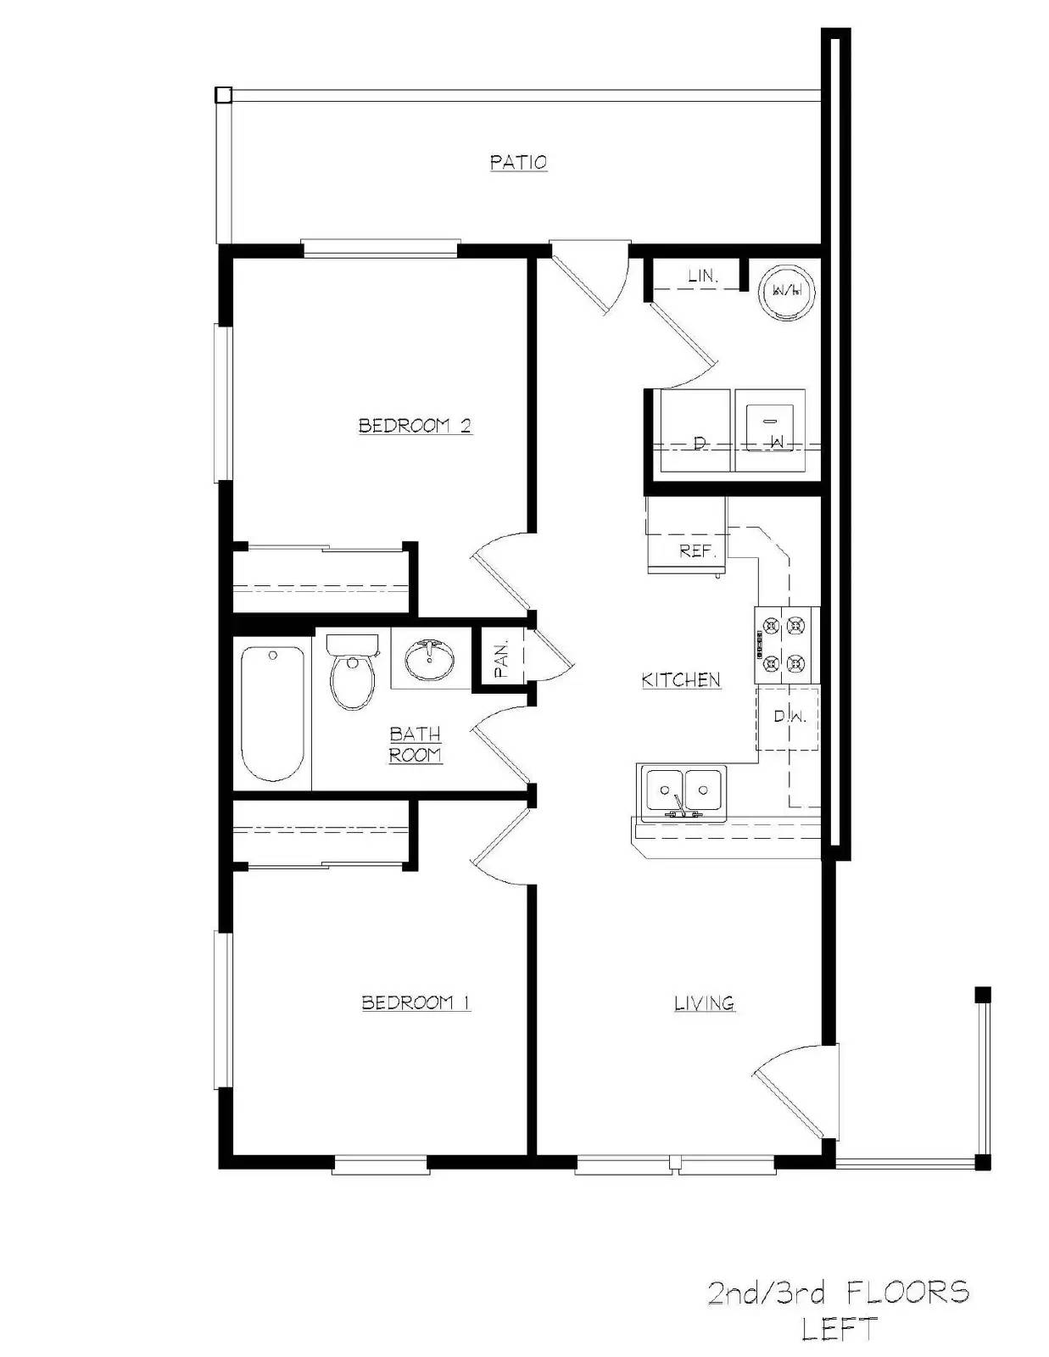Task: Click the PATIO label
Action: [518, 161]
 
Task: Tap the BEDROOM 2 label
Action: [415, 425]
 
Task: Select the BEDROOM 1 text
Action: [416, 1002]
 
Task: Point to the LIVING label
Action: [704, 1003]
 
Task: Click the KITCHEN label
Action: [681, 679]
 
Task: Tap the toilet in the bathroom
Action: [351, 674]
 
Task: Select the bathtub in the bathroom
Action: [272, 713]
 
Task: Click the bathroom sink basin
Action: [429, 660]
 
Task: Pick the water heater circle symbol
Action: [786, 290]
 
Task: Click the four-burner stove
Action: [786, 645]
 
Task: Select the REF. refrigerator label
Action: [697, 550]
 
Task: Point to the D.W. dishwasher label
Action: [789, 717]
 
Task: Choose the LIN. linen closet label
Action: [703, 276]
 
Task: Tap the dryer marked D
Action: [697, 431]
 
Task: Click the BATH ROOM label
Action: [415, 744]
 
